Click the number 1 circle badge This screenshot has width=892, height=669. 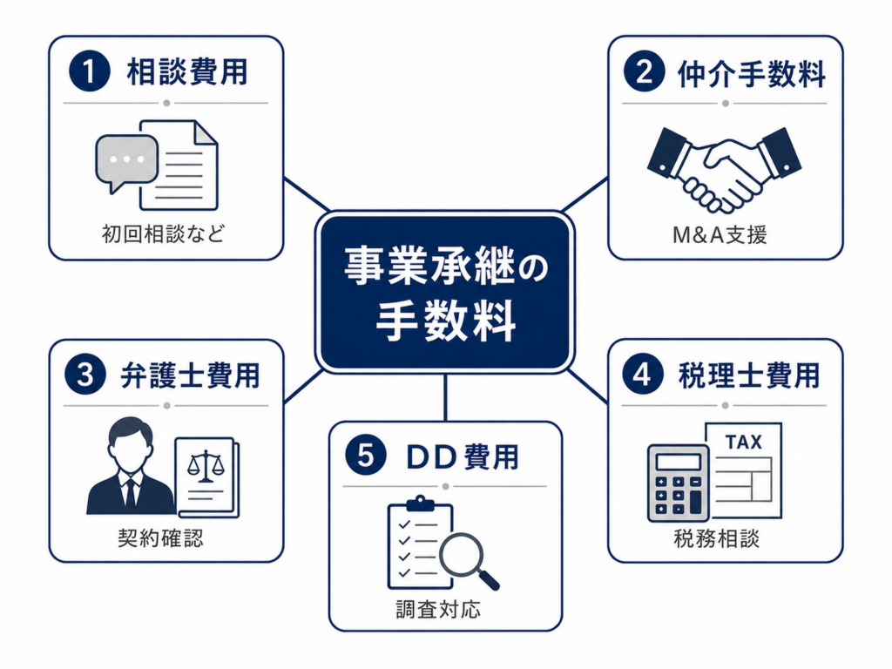click(90, 71)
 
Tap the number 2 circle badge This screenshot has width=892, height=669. click(644, 71)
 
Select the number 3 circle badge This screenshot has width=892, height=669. click(85, 375)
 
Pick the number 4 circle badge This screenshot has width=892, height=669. click(643, 374)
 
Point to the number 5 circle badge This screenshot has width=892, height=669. click(366, 455)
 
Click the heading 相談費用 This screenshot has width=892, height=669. click(187, 71)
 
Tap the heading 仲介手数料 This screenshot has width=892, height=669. click(752, 74)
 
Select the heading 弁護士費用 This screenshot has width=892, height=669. click(191, 375)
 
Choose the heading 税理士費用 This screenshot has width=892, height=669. click(749, 375)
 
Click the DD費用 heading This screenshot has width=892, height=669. click(463, 456)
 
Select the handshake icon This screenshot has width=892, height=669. click(724, 170)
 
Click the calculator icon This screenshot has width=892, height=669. click(678, 483)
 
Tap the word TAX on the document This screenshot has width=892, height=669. click(744, 442)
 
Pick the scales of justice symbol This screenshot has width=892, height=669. click(206, 466)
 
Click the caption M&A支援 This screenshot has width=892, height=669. click(720, 234)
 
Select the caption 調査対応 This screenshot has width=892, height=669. click(438, 609)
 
